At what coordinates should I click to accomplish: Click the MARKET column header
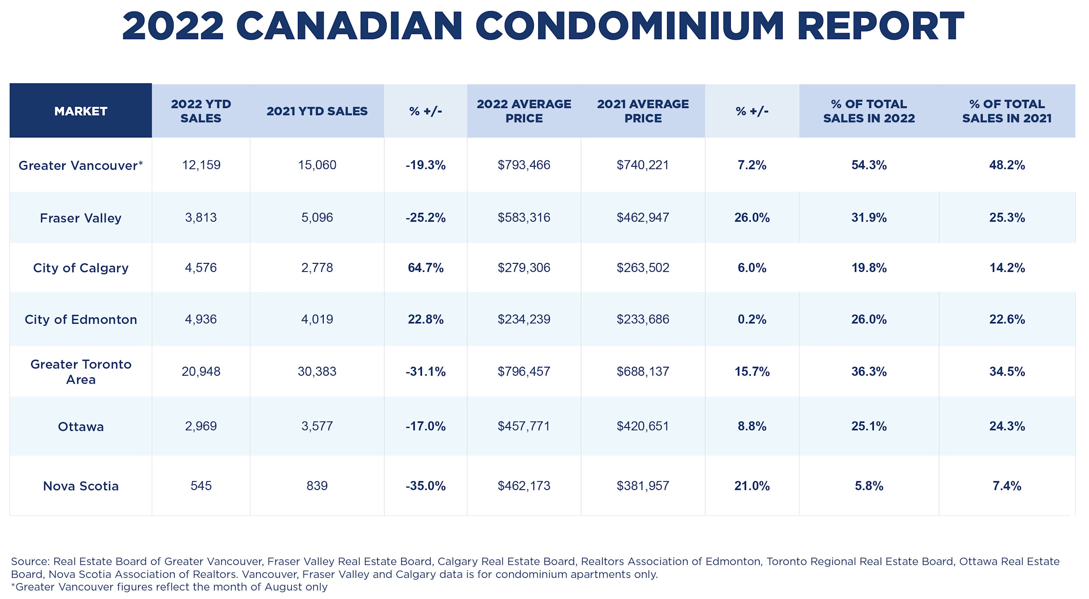pos(80,111)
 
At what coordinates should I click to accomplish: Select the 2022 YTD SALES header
pos(201,111)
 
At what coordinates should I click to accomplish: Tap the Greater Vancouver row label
pos(80,165)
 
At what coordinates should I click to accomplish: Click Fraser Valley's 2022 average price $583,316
pos(524,217)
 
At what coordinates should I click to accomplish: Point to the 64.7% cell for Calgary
pos(425,268)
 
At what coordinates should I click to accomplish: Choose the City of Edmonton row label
pos(80,319)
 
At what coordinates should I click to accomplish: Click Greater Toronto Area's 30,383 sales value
pos(317,371)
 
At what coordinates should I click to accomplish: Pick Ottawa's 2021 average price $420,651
pos(643,426)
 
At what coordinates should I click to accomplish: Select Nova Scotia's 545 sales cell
pos(201,485)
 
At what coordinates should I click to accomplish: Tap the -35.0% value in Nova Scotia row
pos(425,485)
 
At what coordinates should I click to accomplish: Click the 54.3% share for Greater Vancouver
pos(869,165)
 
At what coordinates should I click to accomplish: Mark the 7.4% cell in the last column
pos(1006,485)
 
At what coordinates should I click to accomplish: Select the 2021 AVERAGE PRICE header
pos(643,111)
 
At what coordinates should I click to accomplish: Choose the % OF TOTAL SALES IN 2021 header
pos(1006,111)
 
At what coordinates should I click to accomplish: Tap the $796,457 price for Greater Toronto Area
pos(524,371)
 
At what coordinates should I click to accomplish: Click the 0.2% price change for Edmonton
pos(752,319)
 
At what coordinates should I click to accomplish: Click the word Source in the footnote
pos(30,562)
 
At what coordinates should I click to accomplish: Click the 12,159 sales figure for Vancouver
pos(201,165)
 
